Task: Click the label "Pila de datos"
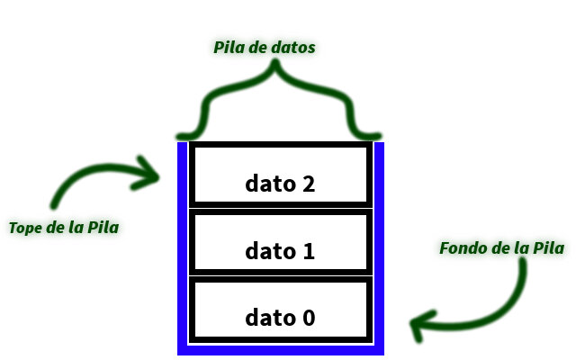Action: tap(264, 48)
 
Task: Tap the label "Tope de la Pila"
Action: tap(64, 228)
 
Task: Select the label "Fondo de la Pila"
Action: tap(502, 248)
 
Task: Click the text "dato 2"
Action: tap(280, 184)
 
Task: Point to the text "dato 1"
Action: tap(280, 251)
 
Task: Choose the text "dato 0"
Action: tap(280, 318)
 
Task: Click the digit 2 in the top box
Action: tap(309, 184)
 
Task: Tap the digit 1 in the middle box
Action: tap(309, 251)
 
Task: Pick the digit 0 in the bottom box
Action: tap(309, 318)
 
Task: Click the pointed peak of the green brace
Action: tap(275, 62)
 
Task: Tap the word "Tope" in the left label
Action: tap(25, 228)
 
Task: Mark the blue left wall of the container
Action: tap(182, 248)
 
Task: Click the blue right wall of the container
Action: tap(379, 248)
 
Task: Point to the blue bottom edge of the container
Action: tap(281, 350)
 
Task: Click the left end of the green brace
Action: tap(178, 137)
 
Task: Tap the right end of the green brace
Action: tap(379, 136)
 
